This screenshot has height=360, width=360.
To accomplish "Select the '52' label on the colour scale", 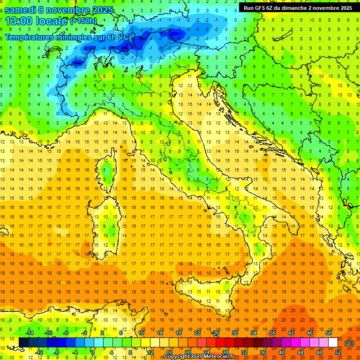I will pos(338,352).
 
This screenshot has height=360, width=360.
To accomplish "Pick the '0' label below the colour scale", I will pos(93,352).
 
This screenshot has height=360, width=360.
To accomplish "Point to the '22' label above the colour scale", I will pos(197,333).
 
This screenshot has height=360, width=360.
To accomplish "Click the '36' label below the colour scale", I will pos(262,352).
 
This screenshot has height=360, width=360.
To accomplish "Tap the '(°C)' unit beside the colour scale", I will pos(349,343).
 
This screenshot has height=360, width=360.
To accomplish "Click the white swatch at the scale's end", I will pos(333,343).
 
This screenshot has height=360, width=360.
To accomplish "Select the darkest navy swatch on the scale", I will pos(23,343).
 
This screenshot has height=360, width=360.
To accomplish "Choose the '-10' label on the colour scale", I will pos(48,333).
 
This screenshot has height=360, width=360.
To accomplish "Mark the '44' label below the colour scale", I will pos(300,352).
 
